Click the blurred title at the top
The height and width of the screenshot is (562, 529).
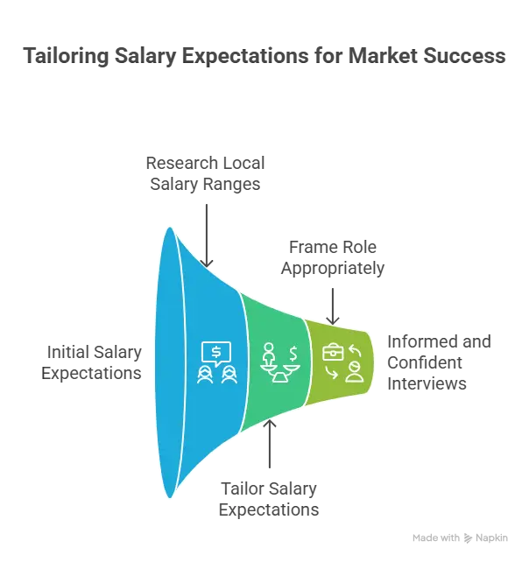pos(264,56)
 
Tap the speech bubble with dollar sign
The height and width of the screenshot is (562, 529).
pos(215,350)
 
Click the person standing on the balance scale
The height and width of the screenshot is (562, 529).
pos(269,354)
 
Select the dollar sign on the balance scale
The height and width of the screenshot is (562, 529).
pos(293,353)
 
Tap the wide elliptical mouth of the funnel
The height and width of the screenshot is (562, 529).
pos(168,362)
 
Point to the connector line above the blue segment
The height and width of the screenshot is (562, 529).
pos(205,229)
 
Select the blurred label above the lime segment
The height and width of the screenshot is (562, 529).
pos(333,258)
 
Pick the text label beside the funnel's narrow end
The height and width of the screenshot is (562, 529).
pos(439,361)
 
